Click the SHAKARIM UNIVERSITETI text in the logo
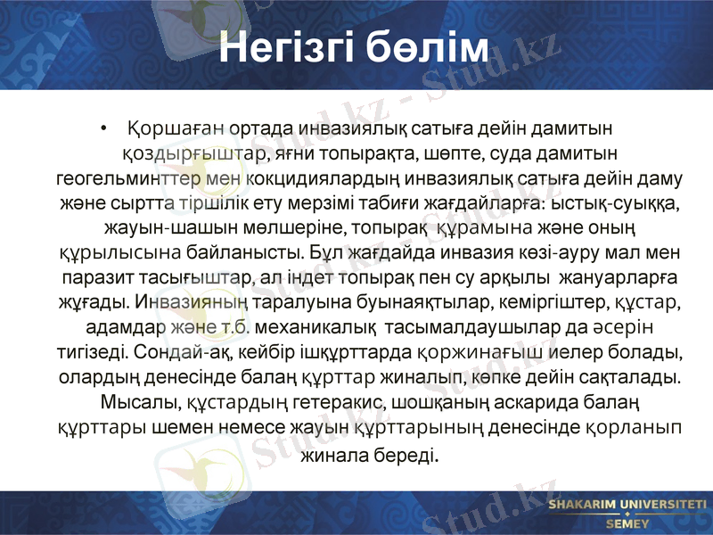tap(622, 506)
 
